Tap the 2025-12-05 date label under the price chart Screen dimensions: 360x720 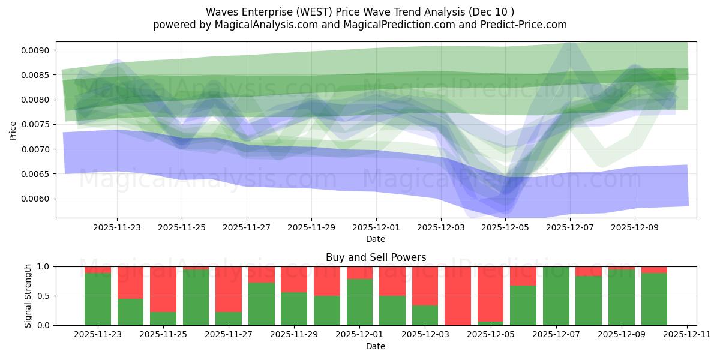506,228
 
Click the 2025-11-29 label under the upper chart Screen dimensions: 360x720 311,228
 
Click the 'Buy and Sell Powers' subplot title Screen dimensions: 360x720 376,257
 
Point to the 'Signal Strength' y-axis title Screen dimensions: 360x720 28,296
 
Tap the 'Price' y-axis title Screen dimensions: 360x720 13,130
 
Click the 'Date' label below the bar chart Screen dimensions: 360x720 376,346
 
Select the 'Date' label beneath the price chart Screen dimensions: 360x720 376,239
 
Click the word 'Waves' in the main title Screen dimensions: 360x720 221,12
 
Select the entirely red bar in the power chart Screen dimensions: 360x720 457,296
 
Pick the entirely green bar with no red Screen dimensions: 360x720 556,296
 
